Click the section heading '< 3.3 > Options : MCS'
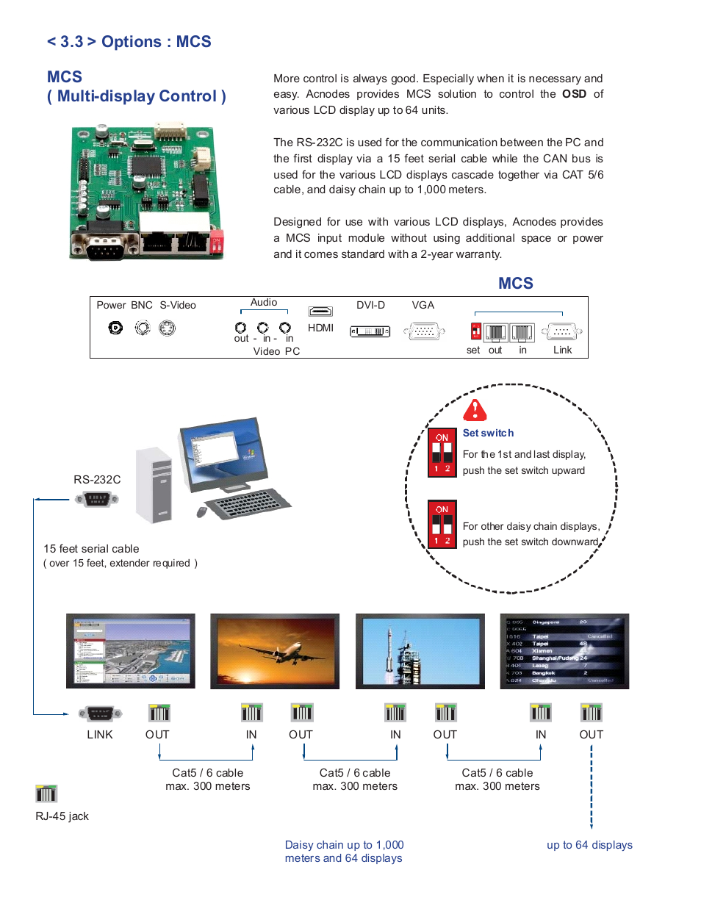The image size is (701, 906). coord(129,42)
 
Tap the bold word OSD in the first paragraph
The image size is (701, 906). coord(574,94)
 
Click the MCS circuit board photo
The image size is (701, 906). coord(147,192)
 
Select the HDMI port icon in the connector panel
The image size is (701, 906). coord(320,312)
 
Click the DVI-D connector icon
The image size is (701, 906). coord(370,331)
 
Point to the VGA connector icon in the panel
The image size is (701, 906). coord(423,331)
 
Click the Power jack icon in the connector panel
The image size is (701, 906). coord(115,328)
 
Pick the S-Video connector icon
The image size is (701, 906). coord(168,328)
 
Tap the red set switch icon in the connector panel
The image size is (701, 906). coord(476,331)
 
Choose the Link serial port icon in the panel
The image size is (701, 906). coord(562,332)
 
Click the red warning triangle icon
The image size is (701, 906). coord(475,410)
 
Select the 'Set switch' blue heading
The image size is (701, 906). coord(488,433)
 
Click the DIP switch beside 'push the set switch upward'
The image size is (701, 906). coord(442,453)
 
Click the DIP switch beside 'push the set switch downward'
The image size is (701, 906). coord(442,525)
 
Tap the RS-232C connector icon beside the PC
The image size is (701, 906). coord(97,499)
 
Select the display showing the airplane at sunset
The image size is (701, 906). coord(275,651)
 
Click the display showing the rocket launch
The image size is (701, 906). coord(420,651)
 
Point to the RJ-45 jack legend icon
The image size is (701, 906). coord(46,794)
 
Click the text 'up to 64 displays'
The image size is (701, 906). coord(589,845)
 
